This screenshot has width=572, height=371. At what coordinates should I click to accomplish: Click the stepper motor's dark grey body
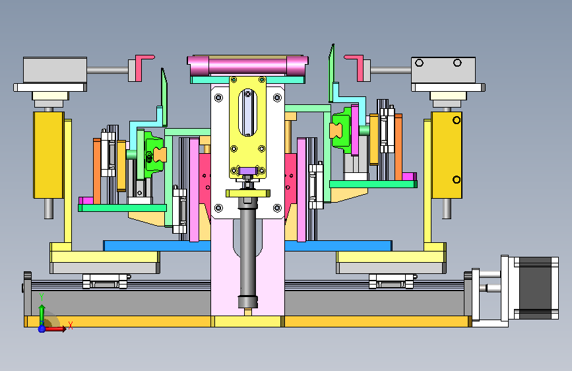(x=535, y=288)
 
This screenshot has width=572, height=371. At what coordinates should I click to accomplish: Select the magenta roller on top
(x=247, y=66)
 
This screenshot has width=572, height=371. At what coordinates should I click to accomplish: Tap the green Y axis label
(x=42, y=297)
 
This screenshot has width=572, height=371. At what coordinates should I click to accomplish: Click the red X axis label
(x=71, y=325)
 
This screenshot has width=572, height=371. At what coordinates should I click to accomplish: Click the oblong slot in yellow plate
(x=247, y=112)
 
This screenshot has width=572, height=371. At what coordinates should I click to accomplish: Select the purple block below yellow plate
(x=247, y=170)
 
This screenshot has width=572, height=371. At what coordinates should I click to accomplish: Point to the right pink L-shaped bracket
(x=355, y=67)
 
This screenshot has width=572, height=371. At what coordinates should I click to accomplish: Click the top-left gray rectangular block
(x=55, y=70)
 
